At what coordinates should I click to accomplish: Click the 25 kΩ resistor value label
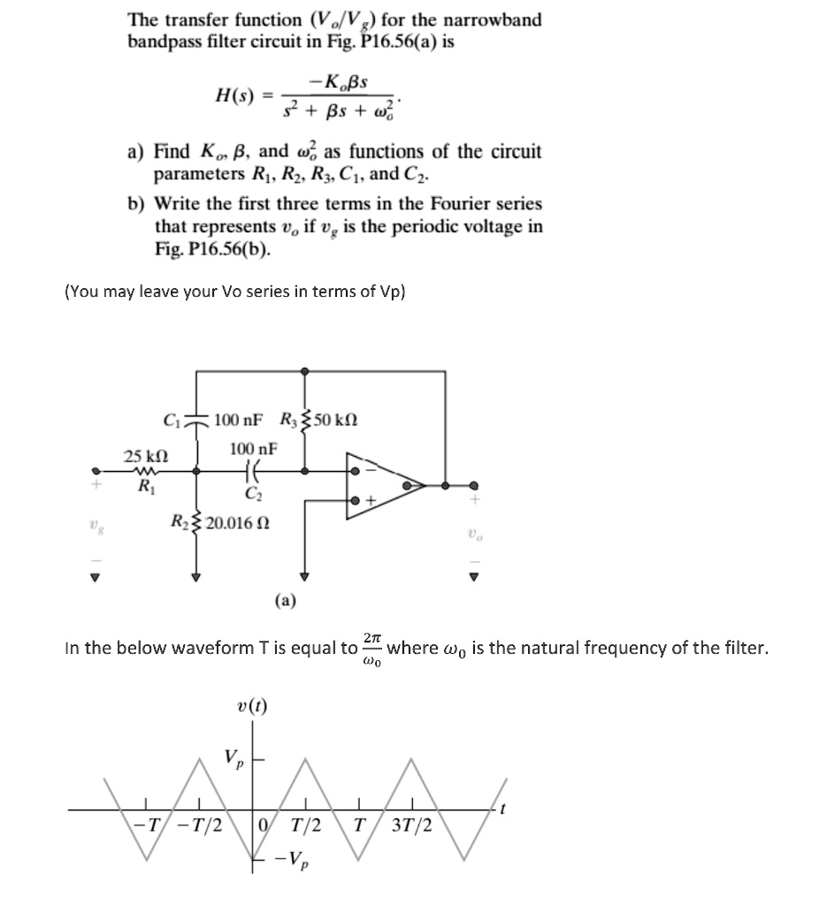tap(145, 456)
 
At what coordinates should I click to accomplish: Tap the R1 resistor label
tap(140, 484)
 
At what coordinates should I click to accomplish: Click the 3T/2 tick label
tap(413, 825)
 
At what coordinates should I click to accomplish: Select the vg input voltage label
tap(94, 527)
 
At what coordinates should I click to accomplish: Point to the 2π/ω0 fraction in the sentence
tap(372, 648)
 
